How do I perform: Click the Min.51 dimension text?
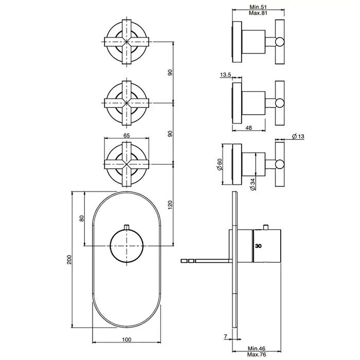point(258,7)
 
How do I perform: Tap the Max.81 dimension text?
point(258,13)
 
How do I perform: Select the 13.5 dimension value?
point(226,75)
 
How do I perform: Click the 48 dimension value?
point(248,128)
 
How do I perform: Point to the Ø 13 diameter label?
point(298,136)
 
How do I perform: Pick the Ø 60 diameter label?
point(220,164)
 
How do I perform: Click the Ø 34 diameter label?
point(253,184)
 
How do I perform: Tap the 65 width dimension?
point(127,135)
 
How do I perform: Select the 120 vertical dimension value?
point(170,205)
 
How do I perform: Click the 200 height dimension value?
point(69,259)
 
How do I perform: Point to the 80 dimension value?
point(82,219)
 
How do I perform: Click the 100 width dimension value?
point(127,339)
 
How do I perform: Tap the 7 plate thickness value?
point(225,336)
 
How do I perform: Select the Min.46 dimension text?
point(257,349)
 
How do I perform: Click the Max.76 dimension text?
point(257,354)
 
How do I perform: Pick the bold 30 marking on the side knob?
point(258,246)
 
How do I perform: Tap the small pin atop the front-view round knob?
point(127,227)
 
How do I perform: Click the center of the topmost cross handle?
point(127,42)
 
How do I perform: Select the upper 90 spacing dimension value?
point(170,73)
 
